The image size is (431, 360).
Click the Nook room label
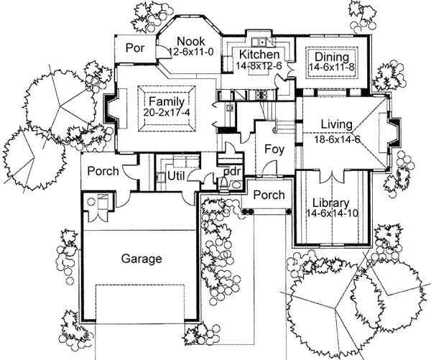point(191,40)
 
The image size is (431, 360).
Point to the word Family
point(167,101)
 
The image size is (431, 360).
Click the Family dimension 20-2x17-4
point(167,113)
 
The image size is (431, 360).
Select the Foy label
point(273,152)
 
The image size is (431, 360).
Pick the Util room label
point(177,175)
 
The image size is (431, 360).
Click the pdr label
point(231,172)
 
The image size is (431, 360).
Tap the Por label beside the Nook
point(134,50)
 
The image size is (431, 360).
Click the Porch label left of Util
point(105,172)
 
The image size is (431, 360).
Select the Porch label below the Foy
point(268,195)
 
